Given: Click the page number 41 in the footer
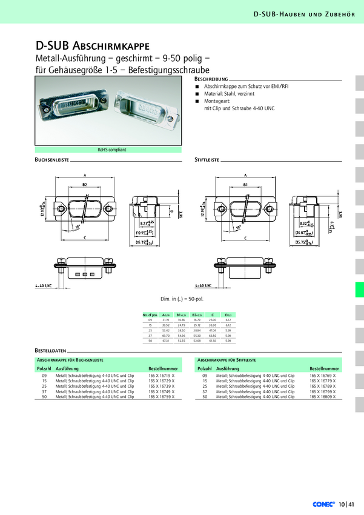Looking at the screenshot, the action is (x=351, y=503).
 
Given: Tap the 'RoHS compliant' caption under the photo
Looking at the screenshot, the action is (x=112, y=150).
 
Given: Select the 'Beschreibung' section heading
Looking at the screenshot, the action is (x=211, y=79).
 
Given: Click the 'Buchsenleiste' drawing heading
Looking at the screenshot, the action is (x=51, y=161).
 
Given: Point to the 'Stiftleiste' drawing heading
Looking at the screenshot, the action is (x=207, y=161).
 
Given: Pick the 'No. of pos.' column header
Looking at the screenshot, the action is (x=150, y=315).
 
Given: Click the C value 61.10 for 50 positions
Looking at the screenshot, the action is (x=213, y=342).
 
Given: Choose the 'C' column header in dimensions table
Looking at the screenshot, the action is (x=213, y=315).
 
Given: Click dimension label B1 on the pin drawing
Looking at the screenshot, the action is (x=245, y=183).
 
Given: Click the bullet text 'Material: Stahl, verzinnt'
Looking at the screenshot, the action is (x=229, y=94).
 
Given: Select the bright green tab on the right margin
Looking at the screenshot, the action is (x=359, y=290).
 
